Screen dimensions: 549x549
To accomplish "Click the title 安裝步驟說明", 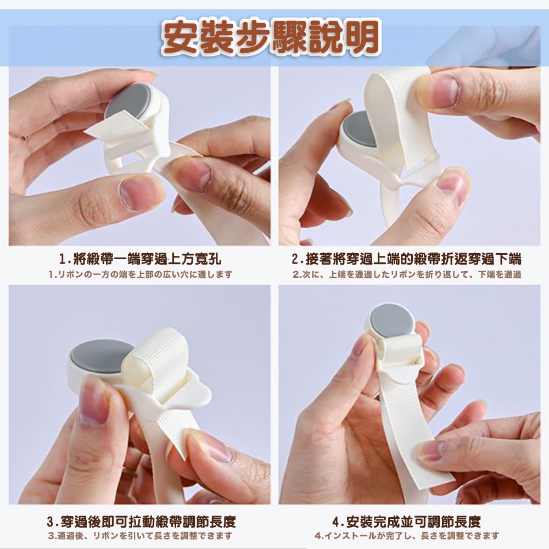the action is pos(270,38).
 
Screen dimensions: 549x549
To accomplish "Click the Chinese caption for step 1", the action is pos(141,259).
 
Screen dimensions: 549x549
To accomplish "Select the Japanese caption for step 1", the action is pos(141,274).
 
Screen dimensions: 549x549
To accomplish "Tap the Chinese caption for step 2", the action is pos(406,259).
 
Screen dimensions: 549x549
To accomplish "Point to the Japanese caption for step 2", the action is pos(407,274).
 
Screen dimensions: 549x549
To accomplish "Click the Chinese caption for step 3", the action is pos(141,522).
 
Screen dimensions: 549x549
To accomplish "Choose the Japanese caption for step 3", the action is pos(141,536).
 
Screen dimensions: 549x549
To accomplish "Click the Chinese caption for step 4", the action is pos(406,522).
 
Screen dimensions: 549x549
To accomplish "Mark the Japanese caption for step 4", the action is pos(406,536).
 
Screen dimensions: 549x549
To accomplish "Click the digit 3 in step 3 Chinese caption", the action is pos(51,522).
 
